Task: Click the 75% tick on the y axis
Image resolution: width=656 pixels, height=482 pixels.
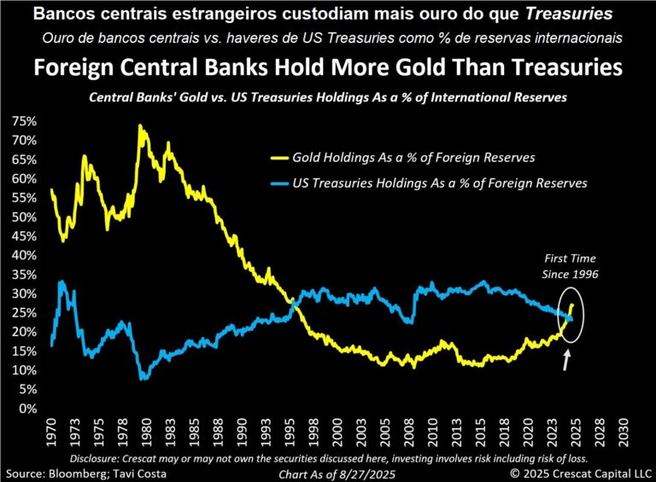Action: [x=23, y=121]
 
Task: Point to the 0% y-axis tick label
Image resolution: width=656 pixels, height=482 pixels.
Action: [x=26, y=408]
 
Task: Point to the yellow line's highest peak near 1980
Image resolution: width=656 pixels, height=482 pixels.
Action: [x=139, y=127]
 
